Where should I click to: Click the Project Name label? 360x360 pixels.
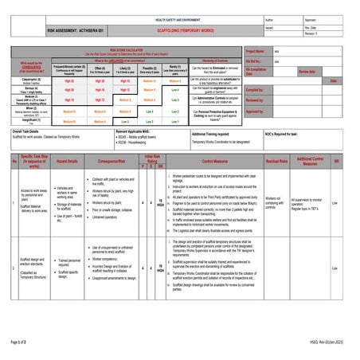[255, 50]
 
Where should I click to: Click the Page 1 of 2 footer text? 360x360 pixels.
[18, 340]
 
